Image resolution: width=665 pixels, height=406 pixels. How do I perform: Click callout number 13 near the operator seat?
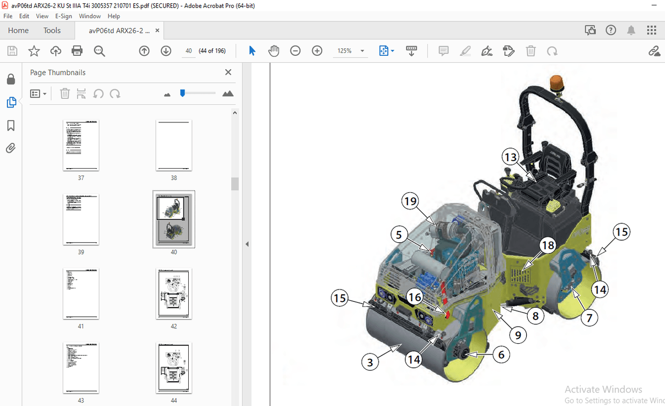click(511, 157)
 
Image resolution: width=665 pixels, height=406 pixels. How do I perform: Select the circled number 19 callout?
click(410, 201)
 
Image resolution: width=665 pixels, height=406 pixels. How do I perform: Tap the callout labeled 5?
click(399, 234)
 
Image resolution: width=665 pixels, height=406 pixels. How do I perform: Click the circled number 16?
click(414, 296)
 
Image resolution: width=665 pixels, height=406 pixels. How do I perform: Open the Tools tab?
click(52, 31)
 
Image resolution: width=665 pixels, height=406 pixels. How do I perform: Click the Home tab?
click(18, 31)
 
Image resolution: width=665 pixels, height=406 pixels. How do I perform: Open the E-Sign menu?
click(64, 16)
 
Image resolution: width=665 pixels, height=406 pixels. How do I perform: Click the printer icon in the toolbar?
click(77, 51)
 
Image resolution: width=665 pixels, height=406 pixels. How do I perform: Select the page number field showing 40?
click(188, 51)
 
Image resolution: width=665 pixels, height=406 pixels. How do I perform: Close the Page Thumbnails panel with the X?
click(228, 73)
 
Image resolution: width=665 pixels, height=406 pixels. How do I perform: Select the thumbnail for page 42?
click(174, 294)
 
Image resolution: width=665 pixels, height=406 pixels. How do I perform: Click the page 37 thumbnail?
click(81, 145)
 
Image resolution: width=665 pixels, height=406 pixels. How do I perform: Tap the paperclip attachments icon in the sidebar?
click(11, 148)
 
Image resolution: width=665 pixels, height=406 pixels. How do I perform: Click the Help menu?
click(114, 16)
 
